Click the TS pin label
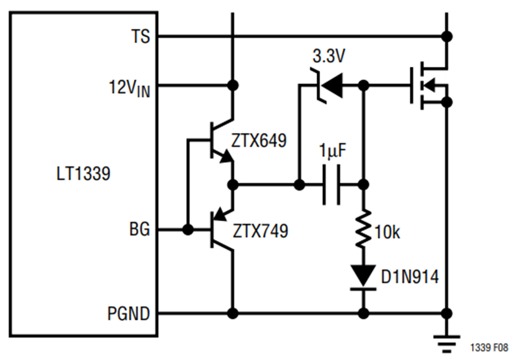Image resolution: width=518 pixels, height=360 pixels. (x=141, y=36)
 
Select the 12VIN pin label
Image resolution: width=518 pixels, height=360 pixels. (x=129, y=88)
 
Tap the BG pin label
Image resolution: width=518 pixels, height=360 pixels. (x=139, y=229)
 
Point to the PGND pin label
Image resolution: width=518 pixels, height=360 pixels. (x=128, y=313)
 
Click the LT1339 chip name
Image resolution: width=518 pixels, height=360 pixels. (x=83, y=173)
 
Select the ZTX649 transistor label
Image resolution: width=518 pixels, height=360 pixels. (x=258, y=141)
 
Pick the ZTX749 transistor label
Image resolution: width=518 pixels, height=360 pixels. (x=260, y=231)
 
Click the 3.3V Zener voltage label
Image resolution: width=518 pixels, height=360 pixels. (x=329, y=56)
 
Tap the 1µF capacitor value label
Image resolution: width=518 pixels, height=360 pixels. (x=333, y=150)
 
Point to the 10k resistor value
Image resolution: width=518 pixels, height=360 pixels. (x=387, y=232)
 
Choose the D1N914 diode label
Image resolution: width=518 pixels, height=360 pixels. (x=410, y=276)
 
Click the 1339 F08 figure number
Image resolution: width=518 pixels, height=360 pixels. (x=489, y=348)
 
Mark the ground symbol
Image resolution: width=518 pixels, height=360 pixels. (x=447, y=344)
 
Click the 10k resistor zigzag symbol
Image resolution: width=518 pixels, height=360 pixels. (x=363, y=228)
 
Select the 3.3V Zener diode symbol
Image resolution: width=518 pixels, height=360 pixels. (x=326, y=86)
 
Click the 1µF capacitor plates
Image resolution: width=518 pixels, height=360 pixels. (x=331, y=185)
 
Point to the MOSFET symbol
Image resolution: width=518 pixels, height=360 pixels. (x=429, y=86)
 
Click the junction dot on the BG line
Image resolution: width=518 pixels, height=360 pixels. (x=188, y=229)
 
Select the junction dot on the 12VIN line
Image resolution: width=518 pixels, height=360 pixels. (x=233, y=86)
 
